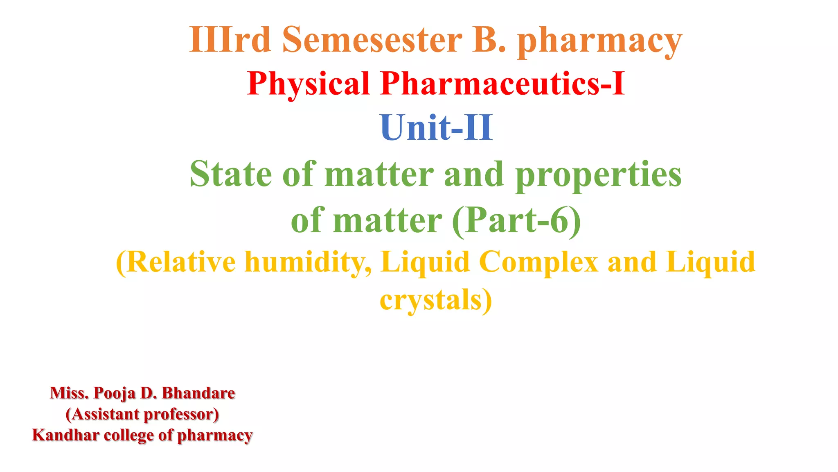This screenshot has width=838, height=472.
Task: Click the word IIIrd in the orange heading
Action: point(230,40)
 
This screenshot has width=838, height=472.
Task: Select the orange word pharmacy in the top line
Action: point(600,41)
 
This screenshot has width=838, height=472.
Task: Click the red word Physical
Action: point(309,84)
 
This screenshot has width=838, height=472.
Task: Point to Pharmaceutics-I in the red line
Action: point(502,83)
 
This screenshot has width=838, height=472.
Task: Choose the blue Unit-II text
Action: point(436,128)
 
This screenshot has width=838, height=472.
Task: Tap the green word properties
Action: point(598,175)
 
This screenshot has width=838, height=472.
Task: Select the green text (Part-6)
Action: point(517,220)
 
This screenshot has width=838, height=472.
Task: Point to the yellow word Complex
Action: point(538,263)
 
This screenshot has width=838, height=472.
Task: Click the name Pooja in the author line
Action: point(115,393)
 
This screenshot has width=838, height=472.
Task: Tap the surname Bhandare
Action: point(198,393)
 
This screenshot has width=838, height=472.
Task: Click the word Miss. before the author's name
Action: point(69,393)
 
